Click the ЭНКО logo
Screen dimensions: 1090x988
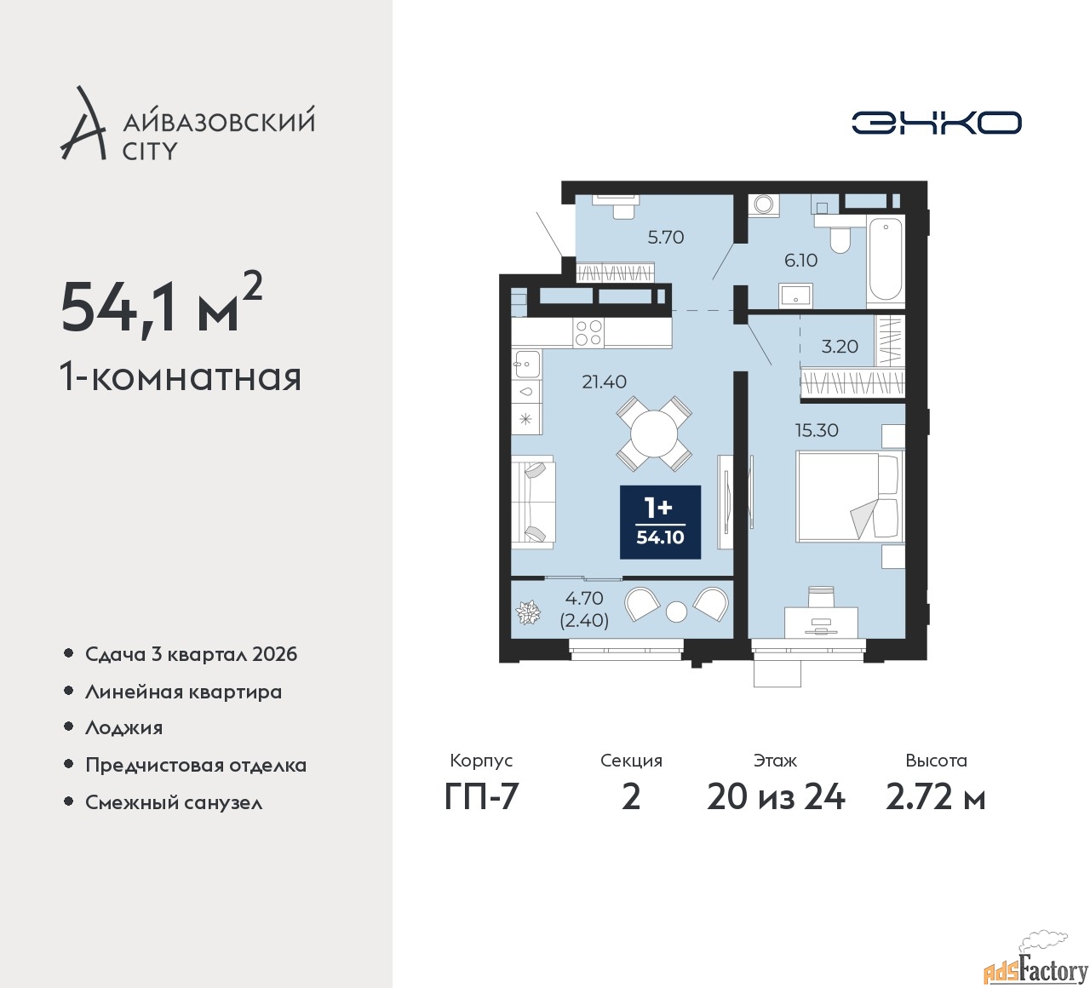[x=936, y=123]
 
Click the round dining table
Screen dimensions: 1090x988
[x=654, y=434]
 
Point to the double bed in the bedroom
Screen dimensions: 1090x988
[x=849, y=497]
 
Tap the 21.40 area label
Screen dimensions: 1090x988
[x=605, y=382]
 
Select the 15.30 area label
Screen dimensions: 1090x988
[x=817, y=430]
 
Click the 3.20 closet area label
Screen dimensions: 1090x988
[x=840, y=346]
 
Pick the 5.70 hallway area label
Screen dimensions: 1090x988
[x=666, y=237]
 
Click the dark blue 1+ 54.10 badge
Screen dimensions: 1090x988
[x=660, y=522]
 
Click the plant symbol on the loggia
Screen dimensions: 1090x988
[x=528, y=612]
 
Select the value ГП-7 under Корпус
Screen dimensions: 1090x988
[x=481, y=797]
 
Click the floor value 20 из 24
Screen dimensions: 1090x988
[x=776, y=797]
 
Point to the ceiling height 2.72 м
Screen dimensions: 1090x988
[x=936, y=797]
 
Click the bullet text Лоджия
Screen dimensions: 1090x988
[x=123, y=727]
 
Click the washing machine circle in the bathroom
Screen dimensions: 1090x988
[x=764, y=204]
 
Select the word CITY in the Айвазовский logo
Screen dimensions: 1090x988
[x=149, y=152]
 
